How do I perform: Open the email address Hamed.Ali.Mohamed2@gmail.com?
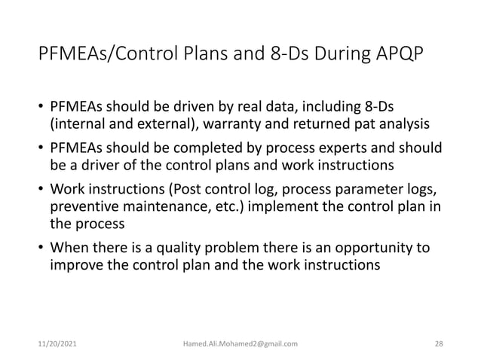[240, 343]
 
